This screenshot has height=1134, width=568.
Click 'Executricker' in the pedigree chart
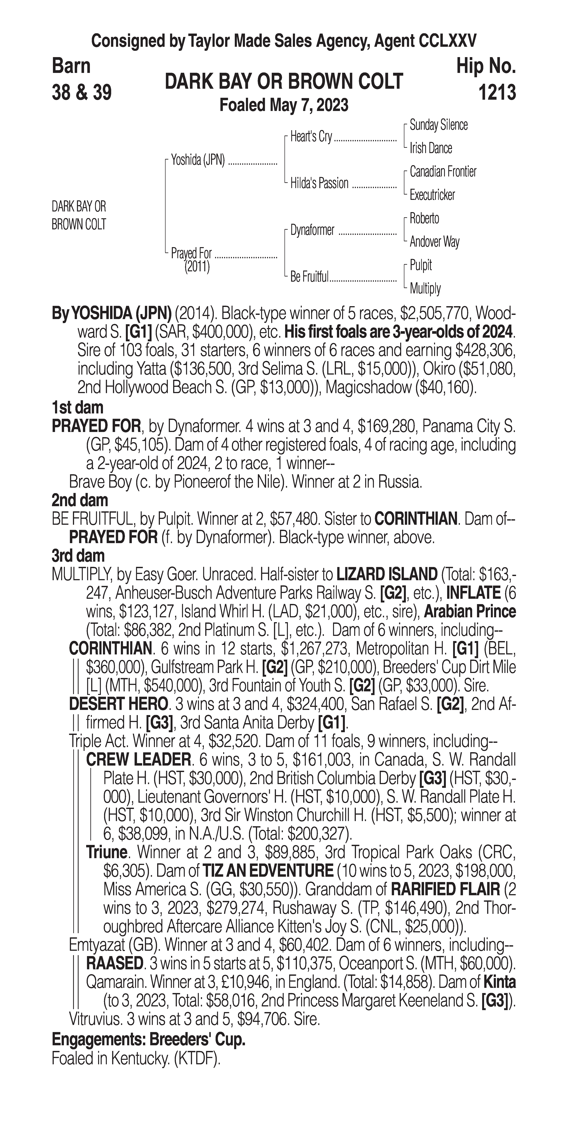432,195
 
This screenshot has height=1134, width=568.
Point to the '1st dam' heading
77,408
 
